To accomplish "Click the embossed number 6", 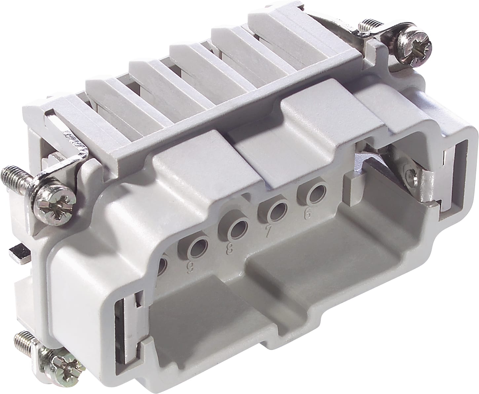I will coord(308,215).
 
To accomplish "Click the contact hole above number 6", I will coord(313,193).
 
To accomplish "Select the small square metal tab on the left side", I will coord(20,253).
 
